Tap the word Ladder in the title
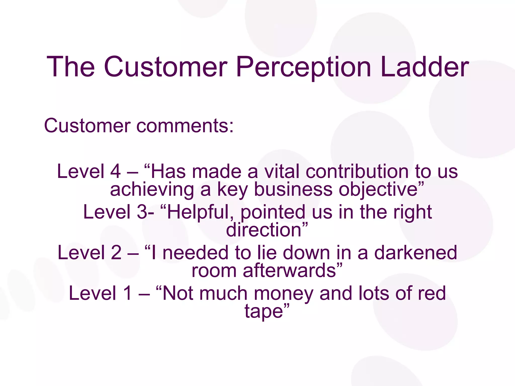tap(424, 67)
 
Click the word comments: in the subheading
tap(185, 126)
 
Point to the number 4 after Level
tap(115, 171)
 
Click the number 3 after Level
tap(142, 212)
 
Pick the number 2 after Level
tap(116, 253)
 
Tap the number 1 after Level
tap(127, 293)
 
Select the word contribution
tap(357, 171)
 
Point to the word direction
tap(264, 230)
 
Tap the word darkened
tap(415, 253)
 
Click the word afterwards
tap(289, 271)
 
